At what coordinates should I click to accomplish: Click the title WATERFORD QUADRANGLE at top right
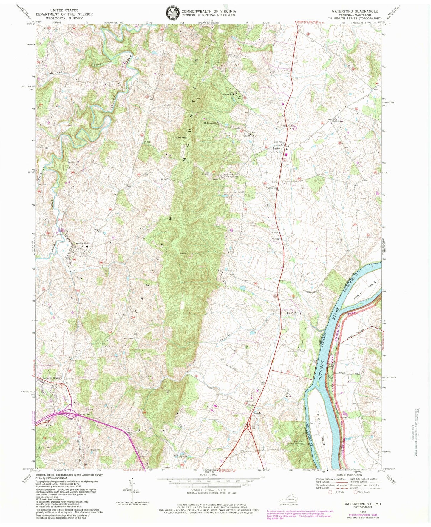(355, 11)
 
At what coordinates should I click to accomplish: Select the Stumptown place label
(234, 176)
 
